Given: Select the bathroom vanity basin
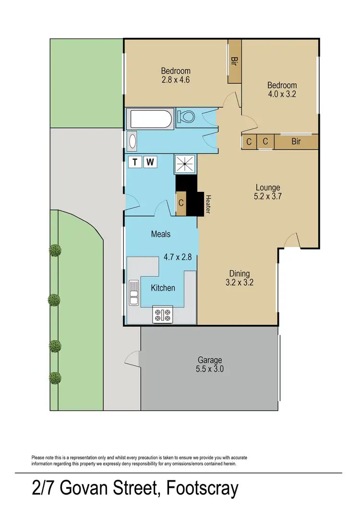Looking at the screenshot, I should coord(133,141).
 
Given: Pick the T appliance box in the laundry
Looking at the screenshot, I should coord(135,162).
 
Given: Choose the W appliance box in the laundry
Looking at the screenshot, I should coord(150,162).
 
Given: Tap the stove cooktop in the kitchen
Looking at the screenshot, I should coord(162,315).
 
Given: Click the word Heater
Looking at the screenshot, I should coord(208,204).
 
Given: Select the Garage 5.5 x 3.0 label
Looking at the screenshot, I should coord(210,365).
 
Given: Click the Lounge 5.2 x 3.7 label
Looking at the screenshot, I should coord(267,191).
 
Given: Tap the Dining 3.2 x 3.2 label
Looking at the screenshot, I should coord(240,278).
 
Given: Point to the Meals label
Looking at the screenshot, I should coord(161,234).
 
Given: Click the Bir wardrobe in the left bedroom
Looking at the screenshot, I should coord(235,61).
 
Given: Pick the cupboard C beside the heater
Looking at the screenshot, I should coord(181,203).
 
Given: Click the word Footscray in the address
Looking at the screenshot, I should coord(202,489).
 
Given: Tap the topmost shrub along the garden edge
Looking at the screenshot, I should coord(55,250).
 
